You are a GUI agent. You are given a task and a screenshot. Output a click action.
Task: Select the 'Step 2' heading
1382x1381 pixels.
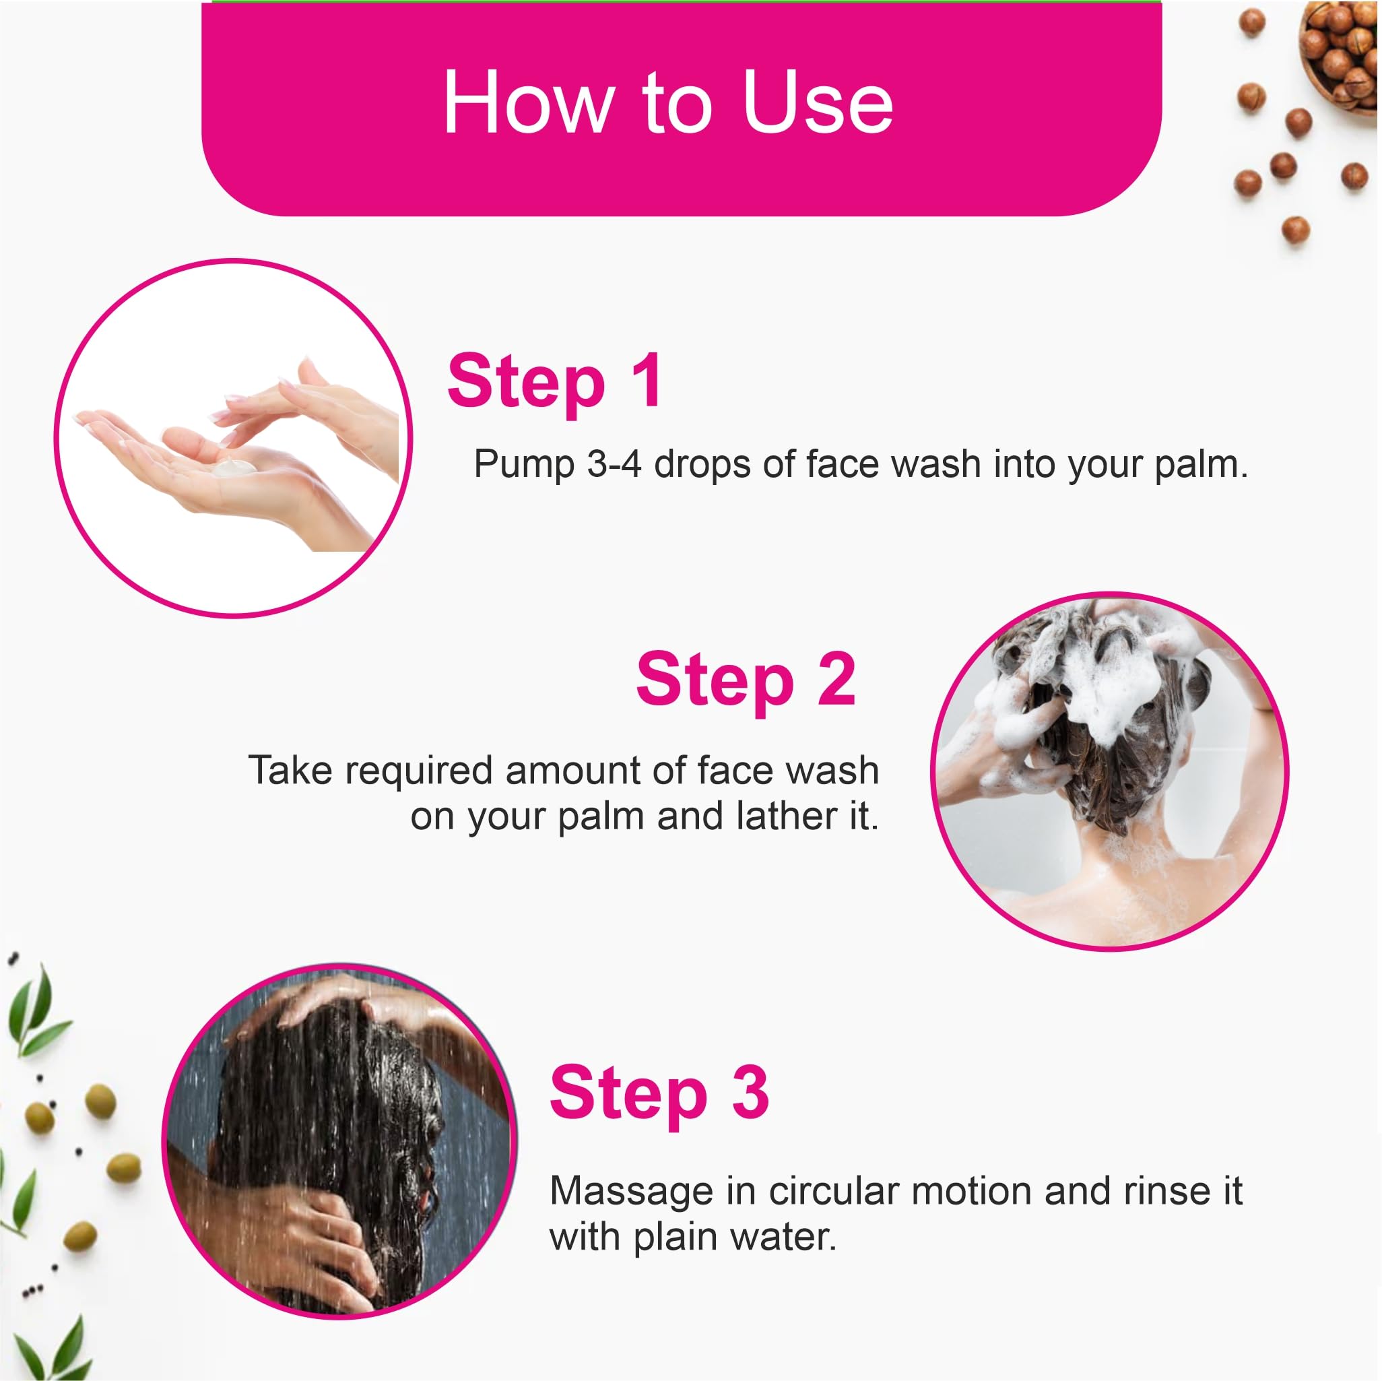click(746, 681)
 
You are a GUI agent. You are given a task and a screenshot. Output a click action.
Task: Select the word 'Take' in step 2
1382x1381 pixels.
click(290, 771)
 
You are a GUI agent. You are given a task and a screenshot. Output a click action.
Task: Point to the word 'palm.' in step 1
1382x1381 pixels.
click(1201, 465)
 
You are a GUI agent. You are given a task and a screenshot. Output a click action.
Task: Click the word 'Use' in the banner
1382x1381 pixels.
click(818, 102)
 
